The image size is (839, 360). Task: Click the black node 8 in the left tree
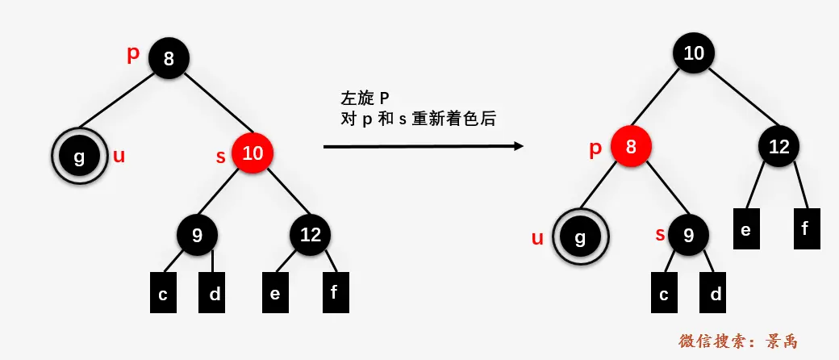point(168,58)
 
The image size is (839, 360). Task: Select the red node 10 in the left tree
point(253,153)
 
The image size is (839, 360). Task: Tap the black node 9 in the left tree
point(198,235)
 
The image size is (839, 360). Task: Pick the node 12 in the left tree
point(311,235)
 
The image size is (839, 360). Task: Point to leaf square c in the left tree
point(163,293)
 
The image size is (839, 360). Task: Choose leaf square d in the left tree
point(215,293)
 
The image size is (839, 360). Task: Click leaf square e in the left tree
point(275,293)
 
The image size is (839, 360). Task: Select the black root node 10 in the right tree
point(694,54)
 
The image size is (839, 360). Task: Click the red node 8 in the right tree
point(631,147)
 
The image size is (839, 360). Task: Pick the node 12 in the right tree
point(778,147)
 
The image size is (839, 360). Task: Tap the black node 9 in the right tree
point(688,235)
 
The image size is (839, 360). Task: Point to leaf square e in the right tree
point(745,228)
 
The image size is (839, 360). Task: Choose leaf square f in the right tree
point(804,228)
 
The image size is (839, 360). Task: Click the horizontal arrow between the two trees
point(423,146)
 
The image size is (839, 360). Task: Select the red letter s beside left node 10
point(220,156)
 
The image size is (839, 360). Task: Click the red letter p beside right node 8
point(596,148)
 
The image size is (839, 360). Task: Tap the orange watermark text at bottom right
point(737,341)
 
